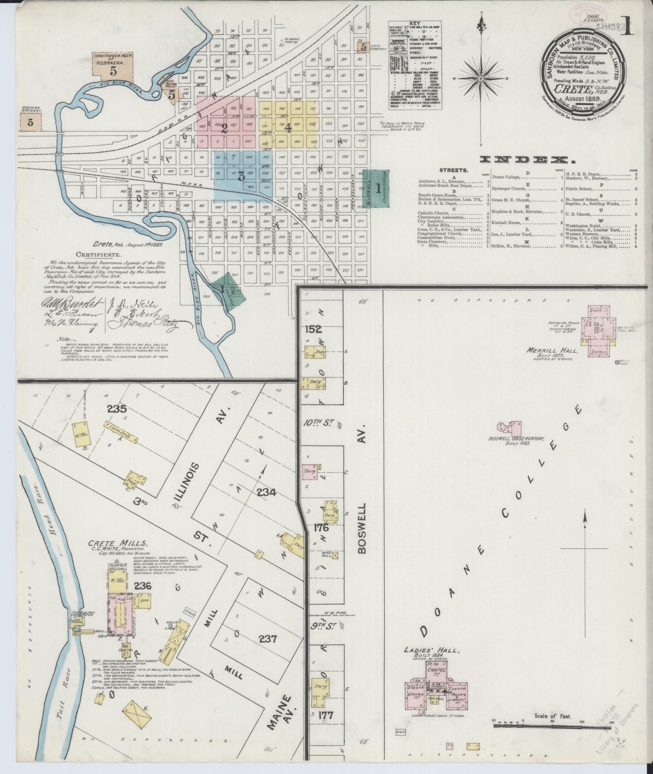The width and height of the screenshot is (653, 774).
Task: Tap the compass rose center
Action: (x=481, y=78)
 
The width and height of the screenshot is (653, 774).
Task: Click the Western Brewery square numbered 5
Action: (x=30, y=122)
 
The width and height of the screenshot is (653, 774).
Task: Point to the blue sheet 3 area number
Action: (x=241, y=176)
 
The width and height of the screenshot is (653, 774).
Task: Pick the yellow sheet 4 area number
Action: (x=288, y=128)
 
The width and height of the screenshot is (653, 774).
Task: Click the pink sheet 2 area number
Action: (x=223, y=129)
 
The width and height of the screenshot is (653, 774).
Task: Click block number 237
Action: (x=268, y=639)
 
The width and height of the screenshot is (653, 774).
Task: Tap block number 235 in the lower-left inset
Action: (x=117, y=409)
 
